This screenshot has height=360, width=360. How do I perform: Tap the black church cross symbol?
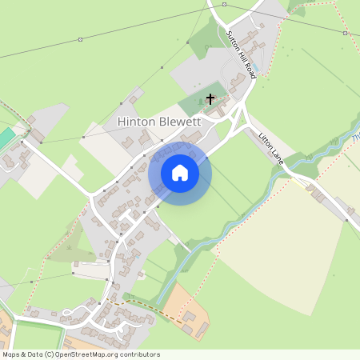210,100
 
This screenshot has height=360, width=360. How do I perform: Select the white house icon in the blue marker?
180,172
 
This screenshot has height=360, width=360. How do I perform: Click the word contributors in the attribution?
141,354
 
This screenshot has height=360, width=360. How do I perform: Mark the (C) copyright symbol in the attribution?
50,354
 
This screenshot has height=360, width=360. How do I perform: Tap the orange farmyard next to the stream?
186,308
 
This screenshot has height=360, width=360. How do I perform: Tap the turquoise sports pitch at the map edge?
5,138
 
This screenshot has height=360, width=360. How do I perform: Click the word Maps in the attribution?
11,354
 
